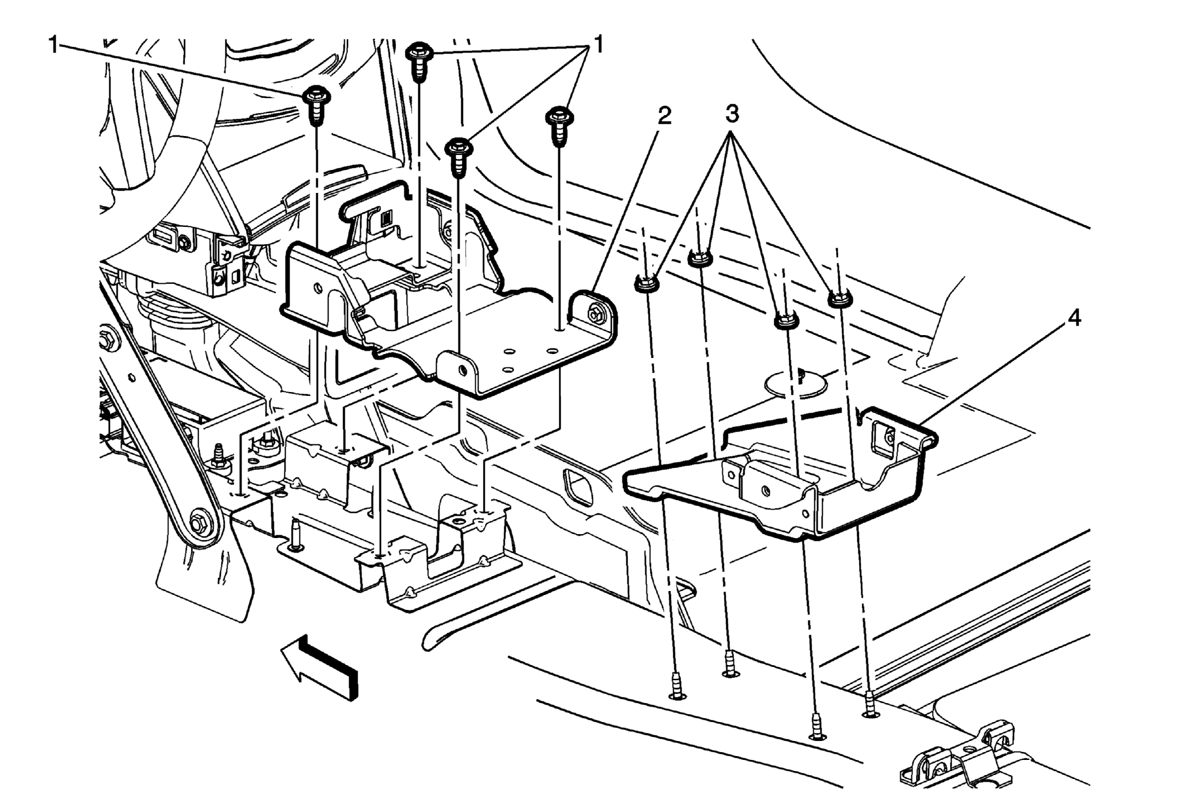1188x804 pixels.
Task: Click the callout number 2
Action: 664,115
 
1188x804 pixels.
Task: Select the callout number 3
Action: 732,114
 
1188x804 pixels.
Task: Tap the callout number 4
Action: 1074,318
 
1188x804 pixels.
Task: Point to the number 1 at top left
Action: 54,45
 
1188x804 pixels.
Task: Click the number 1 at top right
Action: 598,45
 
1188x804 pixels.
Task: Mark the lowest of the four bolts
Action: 459,157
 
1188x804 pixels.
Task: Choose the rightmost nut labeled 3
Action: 840,298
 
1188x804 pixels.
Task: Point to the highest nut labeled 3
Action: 701,258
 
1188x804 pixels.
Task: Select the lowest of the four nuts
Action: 786,320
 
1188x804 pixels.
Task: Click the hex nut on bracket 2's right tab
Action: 596,314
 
